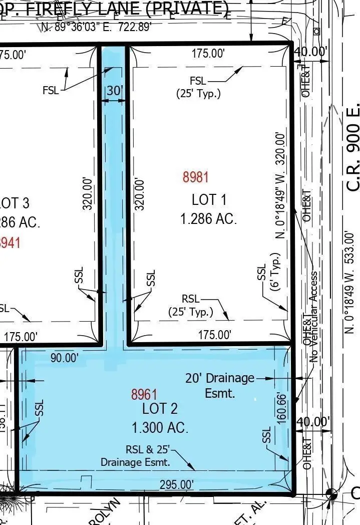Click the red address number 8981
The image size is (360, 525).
click(x=195, y=177)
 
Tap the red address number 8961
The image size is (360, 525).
click(x=144, y=395)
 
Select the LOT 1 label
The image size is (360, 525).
click(x=209, y=199)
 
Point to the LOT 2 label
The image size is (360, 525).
click(x=160, y=408)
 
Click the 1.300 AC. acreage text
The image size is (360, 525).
click(x=160, y=428)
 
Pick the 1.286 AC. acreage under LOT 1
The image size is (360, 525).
click(x=208, y=219)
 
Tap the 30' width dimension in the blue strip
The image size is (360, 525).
click(x=114, y=91)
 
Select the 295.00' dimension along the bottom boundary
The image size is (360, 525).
click(x=176, y=484)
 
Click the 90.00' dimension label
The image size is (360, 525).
click(x=65, y=358)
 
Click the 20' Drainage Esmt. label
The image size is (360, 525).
click(x=220, y=385)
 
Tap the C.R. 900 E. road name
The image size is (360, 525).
click(x=353, y=147)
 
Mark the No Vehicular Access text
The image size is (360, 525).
click(x=314, y=317)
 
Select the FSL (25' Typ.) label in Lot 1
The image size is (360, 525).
click(x=198, y=87)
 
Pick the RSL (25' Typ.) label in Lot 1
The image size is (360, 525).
click(x=190, y=305)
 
